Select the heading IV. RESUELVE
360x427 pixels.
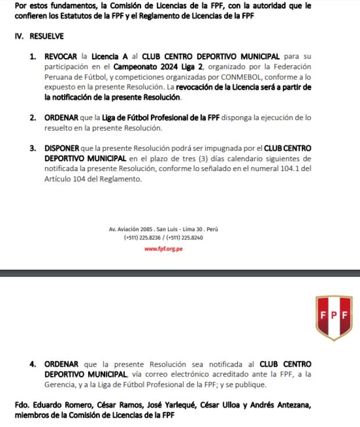(39, 36)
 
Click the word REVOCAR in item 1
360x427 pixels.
(60, 56)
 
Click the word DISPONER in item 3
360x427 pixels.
(62, 148)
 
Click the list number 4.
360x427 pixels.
(33, 364)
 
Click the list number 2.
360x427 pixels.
(33, 118)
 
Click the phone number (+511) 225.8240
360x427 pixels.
(184, 238)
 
